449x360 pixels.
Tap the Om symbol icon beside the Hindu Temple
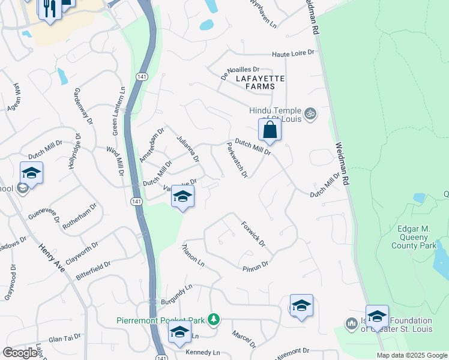tap(310, 113)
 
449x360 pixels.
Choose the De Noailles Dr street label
tap(239, 73)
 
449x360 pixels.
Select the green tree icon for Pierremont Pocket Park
tap(212, 319)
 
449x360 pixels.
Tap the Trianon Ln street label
tap(193, 256)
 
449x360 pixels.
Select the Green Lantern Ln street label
tap(119, 104)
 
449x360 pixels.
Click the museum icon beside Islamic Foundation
tap(352, 323)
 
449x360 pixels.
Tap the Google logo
tap(20, 353)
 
